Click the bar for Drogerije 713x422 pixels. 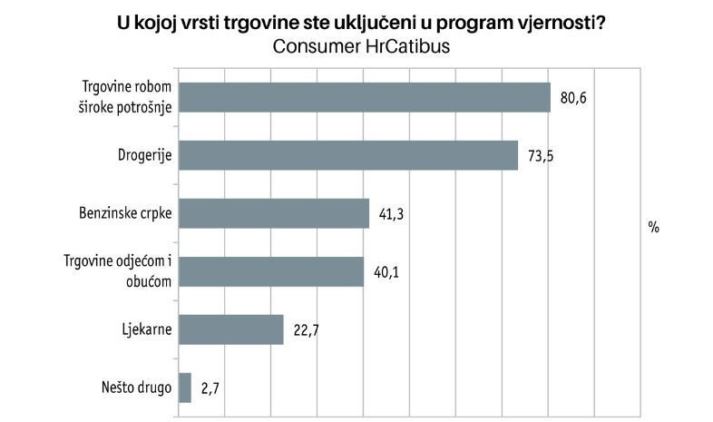tap(348, 155)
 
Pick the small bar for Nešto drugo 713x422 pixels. tap(185, 388)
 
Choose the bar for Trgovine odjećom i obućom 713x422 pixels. tap(271, 271)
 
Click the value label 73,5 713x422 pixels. tap(541, 156)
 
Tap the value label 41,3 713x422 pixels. tap(392, 215)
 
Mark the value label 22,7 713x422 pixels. tap(307, 330)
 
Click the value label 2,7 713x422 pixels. tap(210, 388)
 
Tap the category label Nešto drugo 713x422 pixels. tap(136, 388)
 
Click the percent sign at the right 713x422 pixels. tap(653, 227)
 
